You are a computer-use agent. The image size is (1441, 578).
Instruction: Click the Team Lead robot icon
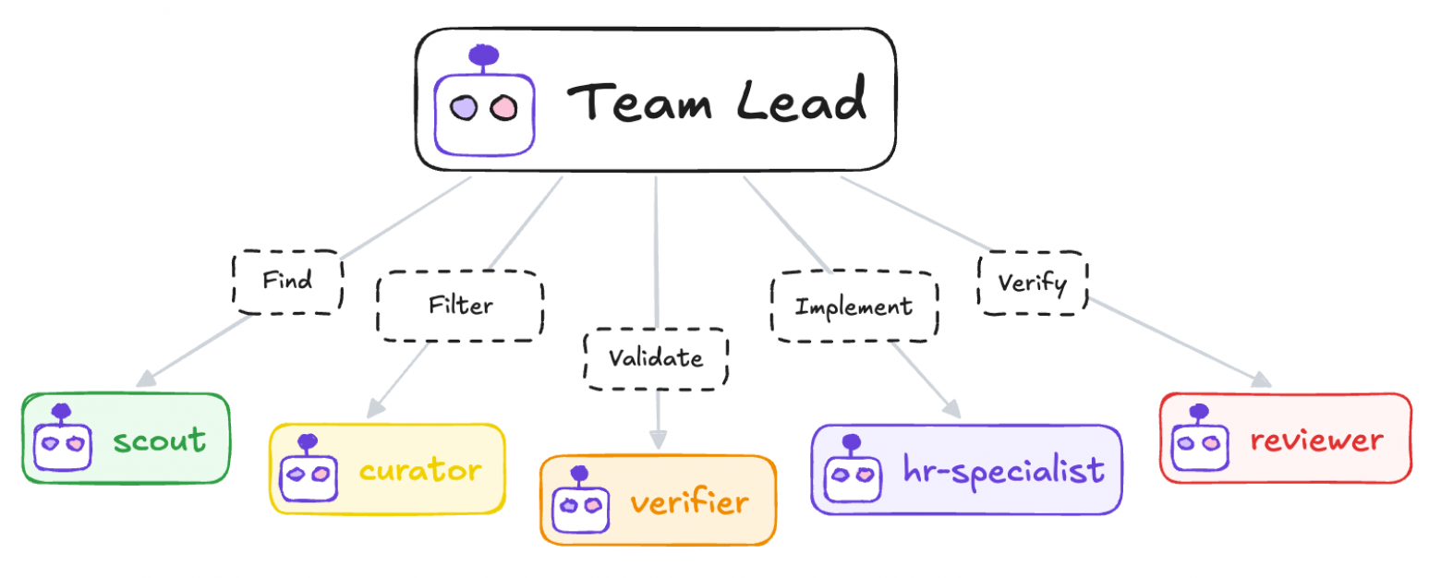(484, 101)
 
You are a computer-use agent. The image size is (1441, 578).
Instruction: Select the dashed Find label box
(287, 283)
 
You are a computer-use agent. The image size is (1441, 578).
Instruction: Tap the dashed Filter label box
(461, 306)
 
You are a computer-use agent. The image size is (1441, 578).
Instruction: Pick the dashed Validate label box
(656, 359)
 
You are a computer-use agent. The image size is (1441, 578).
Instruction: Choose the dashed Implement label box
(854, 306)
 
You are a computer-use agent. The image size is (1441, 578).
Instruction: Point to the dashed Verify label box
(1033, 283)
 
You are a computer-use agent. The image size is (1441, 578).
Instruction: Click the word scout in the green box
(160, 440)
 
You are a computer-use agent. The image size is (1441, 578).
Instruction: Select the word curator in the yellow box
(420, 470)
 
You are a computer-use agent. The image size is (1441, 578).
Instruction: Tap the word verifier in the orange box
(690, 500)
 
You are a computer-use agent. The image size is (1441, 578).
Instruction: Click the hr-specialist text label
(1003, 469)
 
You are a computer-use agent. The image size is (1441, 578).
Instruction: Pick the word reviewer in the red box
(1316, 440)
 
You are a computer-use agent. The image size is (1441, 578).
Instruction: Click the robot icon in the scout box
(63, 438)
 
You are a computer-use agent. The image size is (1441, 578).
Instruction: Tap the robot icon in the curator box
(309, 467)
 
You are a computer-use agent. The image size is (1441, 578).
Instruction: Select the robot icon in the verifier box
(580, 500)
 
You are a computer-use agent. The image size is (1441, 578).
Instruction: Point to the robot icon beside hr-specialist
(853, 467)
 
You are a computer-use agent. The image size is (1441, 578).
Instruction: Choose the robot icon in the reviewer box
(1200, 438)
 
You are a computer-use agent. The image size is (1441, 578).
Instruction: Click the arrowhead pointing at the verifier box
(658, 440)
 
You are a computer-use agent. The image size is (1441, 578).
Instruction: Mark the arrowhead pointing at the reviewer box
(1261, 379)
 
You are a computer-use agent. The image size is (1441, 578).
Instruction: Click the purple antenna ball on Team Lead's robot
(484, 54)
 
